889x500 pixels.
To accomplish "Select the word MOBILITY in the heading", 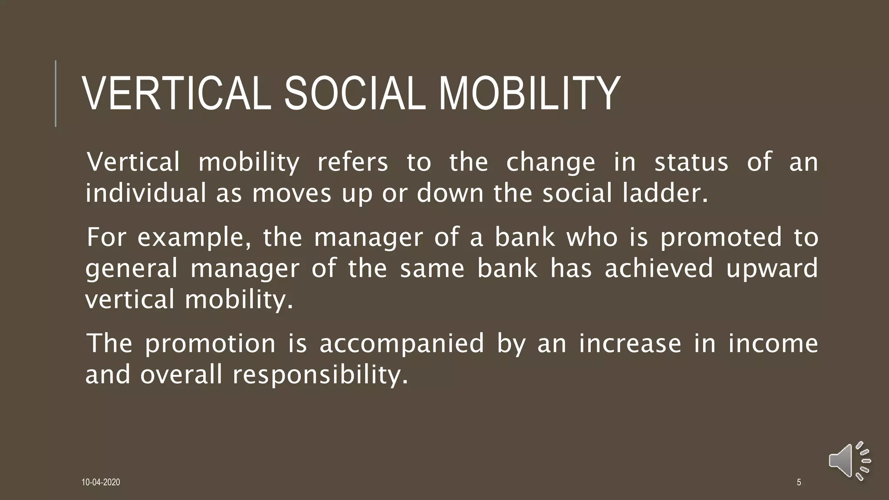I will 530,94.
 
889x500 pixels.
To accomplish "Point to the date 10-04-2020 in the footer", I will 101,482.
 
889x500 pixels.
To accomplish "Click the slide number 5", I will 799,482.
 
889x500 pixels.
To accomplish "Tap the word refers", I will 352,162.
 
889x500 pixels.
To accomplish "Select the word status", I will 691,162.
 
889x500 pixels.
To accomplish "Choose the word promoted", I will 721,238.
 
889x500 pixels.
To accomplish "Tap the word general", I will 132,269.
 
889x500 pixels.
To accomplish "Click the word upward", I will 772,269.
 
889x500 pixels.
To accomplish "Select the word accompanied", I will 402,344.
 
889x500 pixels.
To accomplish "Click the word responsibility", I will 321,375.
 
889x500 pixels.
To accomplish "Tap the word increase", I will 630,343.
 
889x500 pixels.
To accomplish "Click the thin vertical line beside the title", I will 56,94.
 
